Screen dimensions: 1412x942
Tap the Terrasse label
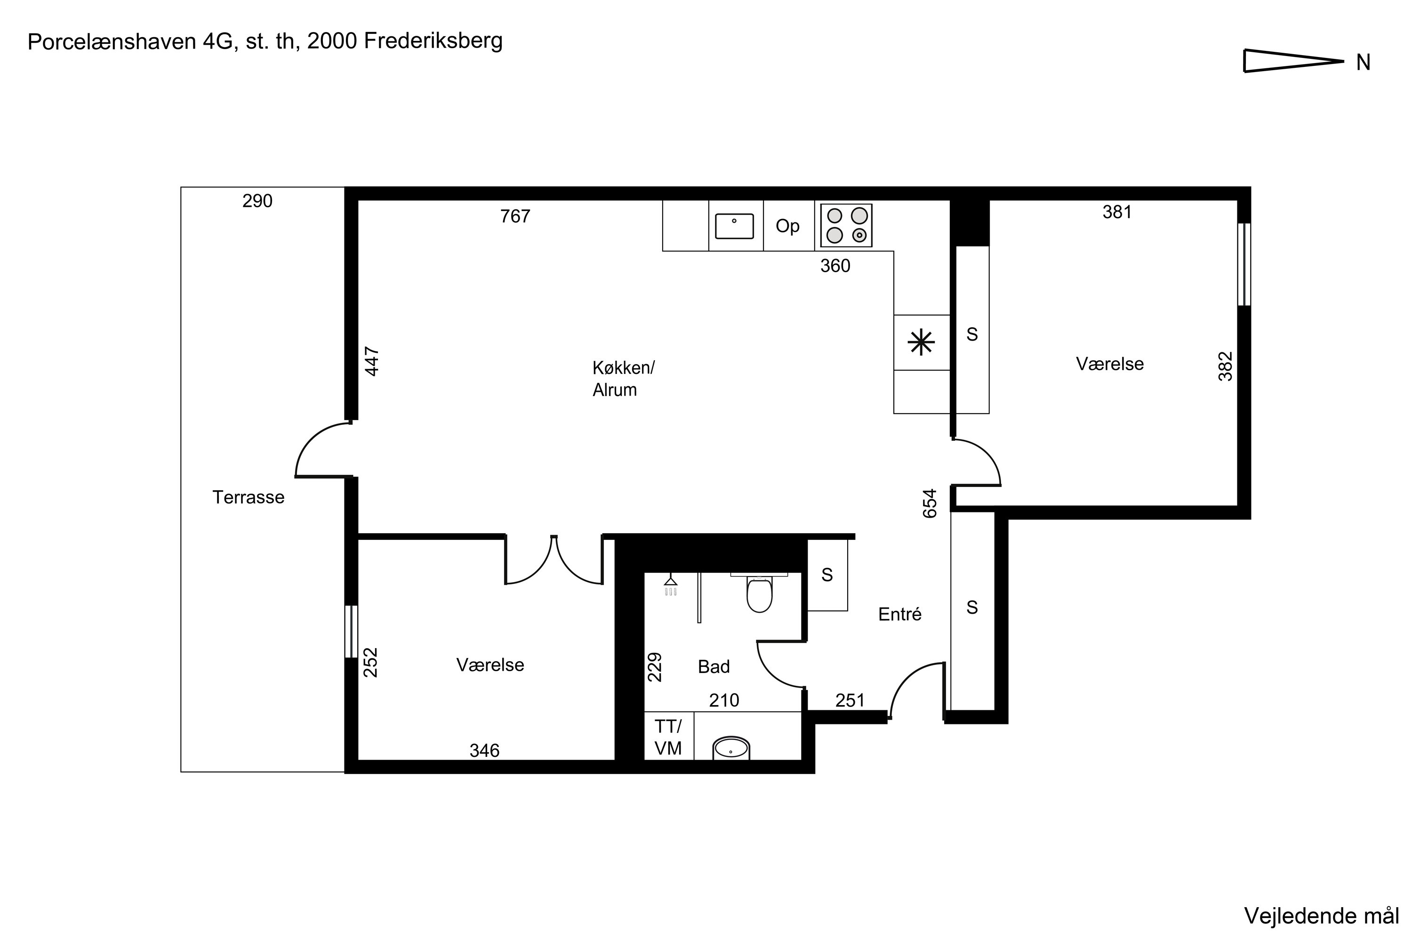pyautogui.click(x=249, y=497)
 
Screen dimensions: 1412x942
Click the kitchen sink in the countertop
pyautogui.click(x=734, y=227)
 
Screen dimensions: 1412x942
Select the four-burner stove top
pyautogui.click(x=846, y=225)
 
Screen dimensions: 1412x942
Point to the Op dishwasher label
pyautogui.click(x=787, y=226)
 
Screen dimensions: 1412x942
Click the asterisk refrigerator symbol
pyautogui.click(x=921, y=343)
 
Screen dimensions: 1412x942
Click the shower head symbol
pyautogui.click(x=671, y=586)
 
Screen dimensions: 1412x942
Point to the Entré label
pyautogui.click(x=899, y=614)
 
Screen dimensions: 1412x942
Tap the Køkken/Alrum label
pyautogui.click(x=623, y=379)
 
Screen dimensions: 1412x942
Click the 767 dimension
pyautogui.click(x=515, y=216)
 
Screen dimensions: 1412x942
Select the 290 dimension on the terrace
pyautogui.click(x=257, y=201)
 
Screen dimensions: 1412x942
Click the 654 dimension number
pyautogui.click(x=929, y=503)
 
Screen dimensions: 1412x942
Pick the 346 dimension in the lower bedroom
pyautogui.click(x=484, y=750)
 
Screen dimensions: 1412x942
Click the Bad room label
pyautogui.click(x=714, y=666)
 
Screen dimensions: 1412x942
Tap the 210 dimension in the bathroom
pyautogui.click(x=724, y=700)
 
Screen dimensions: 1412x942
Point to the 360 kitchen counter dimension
pyautogui.click(x=835, y=266)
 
